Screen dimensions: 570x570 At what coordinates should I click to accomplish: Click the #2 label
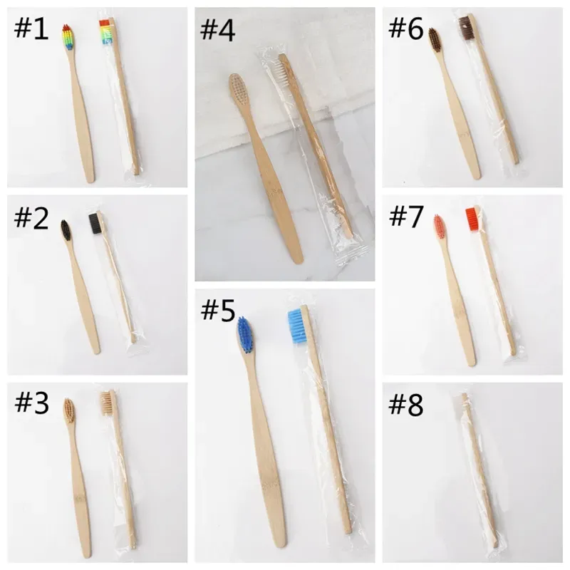pyautogui.click(x=32, y=219)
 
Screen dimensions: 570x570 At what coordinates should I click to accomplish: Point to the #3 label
pyautogui.click(x=32, y=404)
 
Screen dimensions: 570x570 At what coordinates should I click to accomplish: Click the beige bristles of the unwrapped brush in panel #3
pyautogui.click(x=69, y=409)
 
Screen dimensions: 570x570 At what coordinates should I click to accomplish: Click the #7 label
pyautogui.click(x=406, y=219)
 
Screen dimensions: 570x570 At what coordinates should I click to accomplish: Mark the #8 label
pyautogui.click(x=406, y=404)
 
